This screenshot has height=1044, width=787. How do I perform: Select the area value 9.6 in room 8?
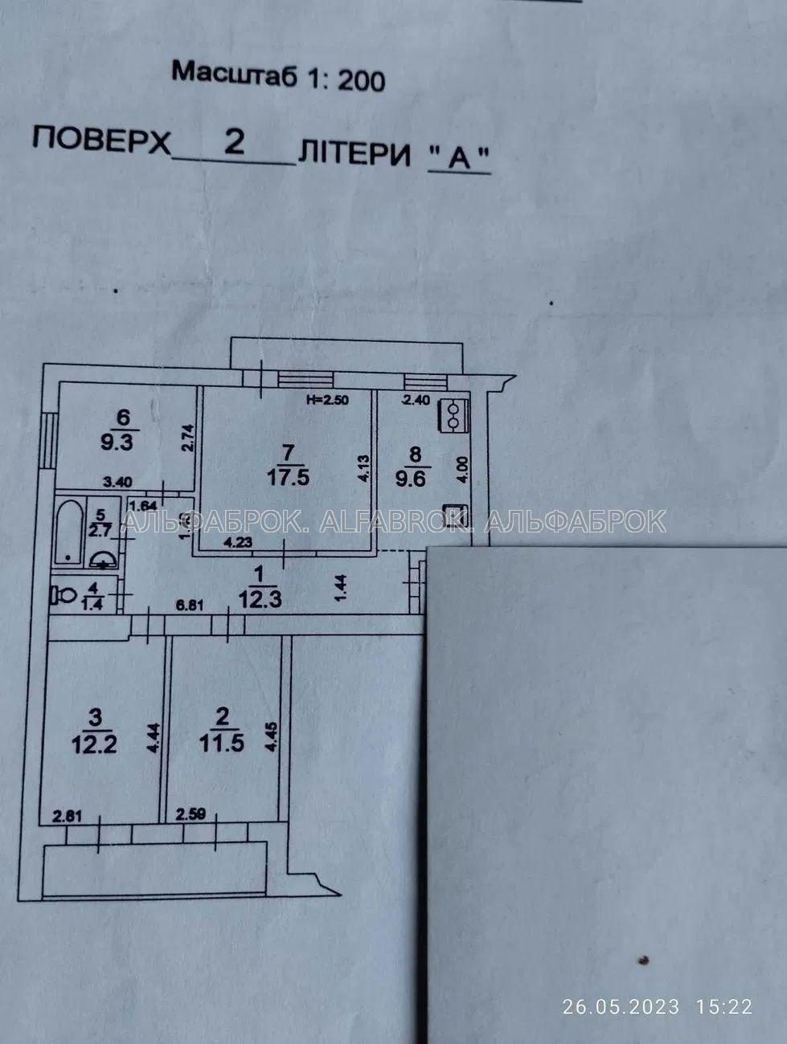[416, 479]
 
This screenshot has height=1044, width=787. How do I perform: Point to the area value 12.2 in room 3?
[94, 743]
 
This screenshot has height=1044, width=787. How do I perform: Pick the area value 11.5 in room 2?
[222, 743]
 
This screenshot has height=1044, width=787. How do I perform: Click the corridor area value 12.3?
[260, 598]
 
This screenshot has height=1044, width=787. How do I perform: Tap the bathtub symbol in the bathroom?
[71, 532]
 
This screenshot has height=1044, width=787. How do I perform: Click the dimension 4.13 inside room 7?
[363, 468]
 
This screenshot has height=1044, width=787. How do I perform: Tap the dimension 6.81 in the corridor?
[189, 606]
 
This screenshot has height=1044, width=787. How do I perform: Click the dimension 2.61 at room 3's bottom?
[68, 816]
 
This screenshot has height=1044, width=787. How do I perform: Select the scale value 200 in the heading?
[361, 80]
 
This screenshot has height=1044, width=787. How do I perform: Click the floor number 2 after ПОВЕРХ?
[234, 141]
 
